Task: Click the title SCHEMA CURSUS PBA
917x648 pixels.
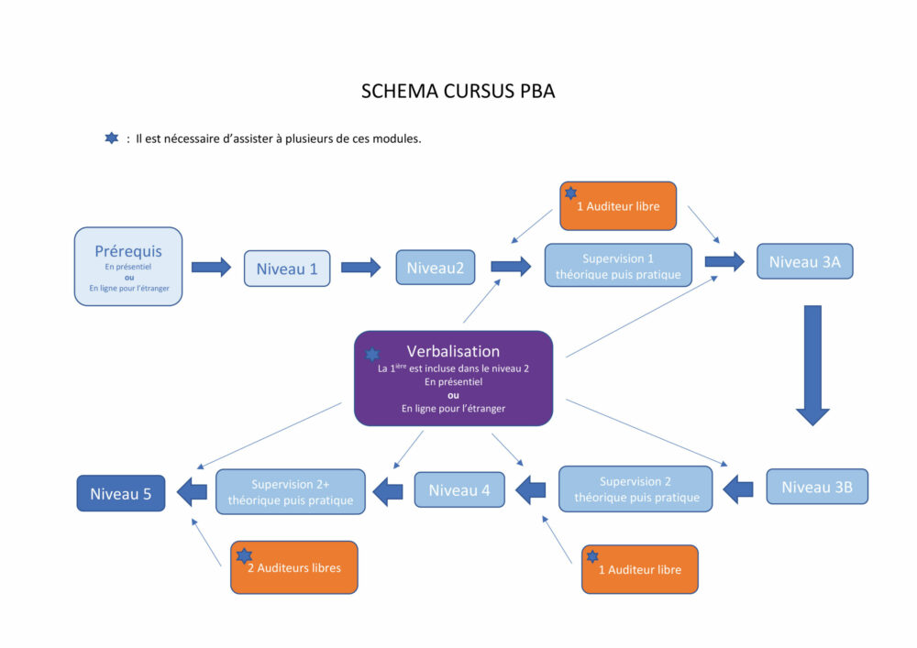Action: tap(458, 92)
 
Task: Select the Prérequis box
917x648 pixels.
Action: tap(128, 266)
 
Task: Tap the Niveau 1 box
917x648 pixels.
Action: tap(287, 269)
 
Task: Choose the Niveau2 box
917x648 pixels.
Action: tap(436, 268)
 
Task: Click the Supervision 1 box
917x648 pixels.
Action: tap(618, 266)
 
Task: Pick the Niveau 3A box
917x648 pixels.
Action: tap(804, 261)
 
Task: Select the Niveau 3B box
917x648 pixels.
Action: tap(816, 487)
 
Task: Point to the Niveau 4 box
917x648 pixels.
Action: tap(459, 489)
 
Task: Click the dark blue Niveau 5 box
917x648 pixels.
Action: tap(121, 494)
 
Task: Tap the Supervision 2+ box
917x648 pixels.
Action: tap(290, 491)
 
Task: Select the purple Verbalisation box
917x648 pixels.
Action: tap(453, 379)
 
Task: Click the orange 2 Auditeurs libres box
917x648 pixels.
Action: tap(293, 567)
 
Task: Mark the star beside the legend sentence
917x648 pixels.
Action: tap(112, 138)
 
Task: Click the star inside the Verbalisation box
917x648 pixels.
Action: tap(372, 354)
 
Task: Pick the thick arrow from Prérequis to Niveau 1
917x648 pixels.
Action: tap(211, 268)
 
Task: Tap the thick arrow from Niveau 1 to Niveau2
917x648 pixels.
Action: tap(360, 268)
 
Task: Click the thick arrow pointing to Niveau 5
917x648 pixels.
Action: tap(191, 492)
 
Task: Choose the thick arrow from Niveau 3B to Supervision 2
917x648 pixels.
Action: tap(738, 489)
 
